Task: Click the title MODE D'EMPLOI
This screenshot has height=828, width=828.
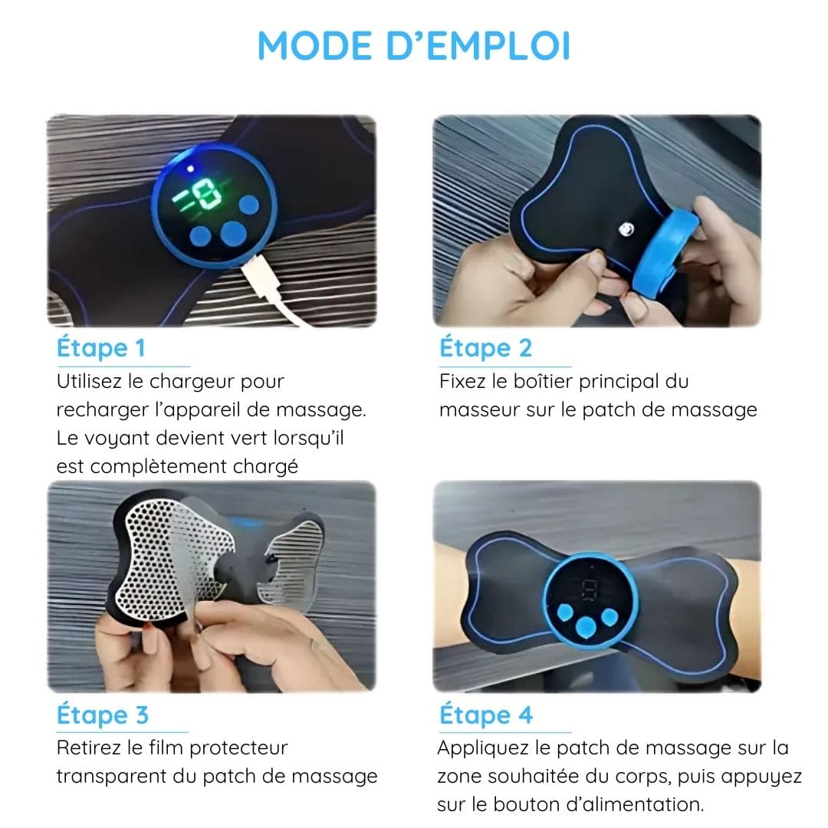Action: pyautogui.click(x=413, y=45)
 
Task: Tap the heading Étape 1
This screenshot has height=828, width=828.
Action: pyautogui.click(x=100, y=347)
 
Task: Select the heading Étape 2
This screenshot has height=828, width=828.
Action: pyautogui.click(x=485, y=347)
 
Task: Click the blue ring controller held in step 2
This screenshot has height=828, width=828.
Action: pyautogui.click(x=666, y=254)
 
